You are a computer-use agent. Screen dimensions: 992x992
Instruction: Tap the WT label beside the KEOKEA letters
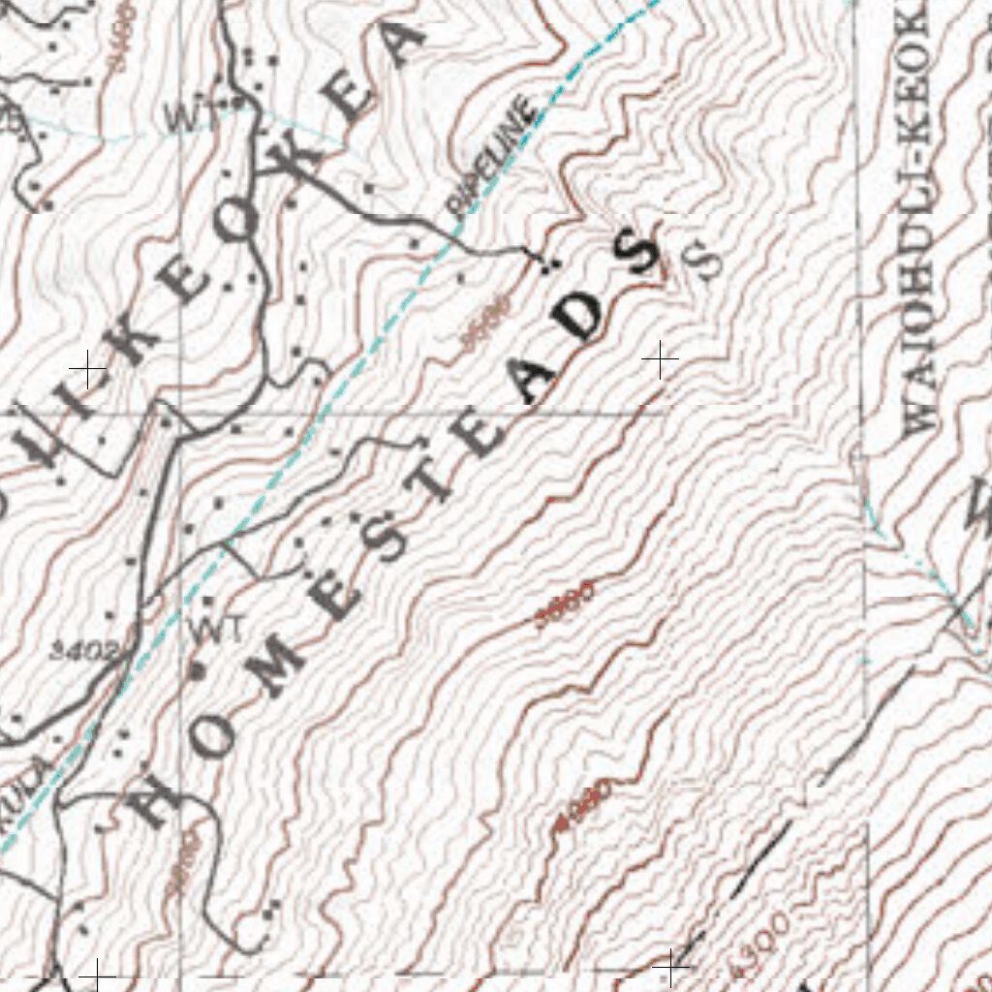tap(188, 117)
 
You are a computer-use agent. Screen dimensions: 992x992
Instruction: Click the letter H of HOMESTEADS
tap(155, 800)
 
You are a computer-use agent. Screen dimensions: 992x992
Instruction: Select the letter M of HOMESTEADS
tap(273, 671)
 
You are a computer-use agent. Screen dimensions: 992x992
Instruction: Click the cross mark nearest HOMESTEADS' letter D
tap(660, 359)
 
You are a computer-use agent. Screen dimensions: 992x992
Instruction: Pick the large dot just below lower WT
tap(200, 667)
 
